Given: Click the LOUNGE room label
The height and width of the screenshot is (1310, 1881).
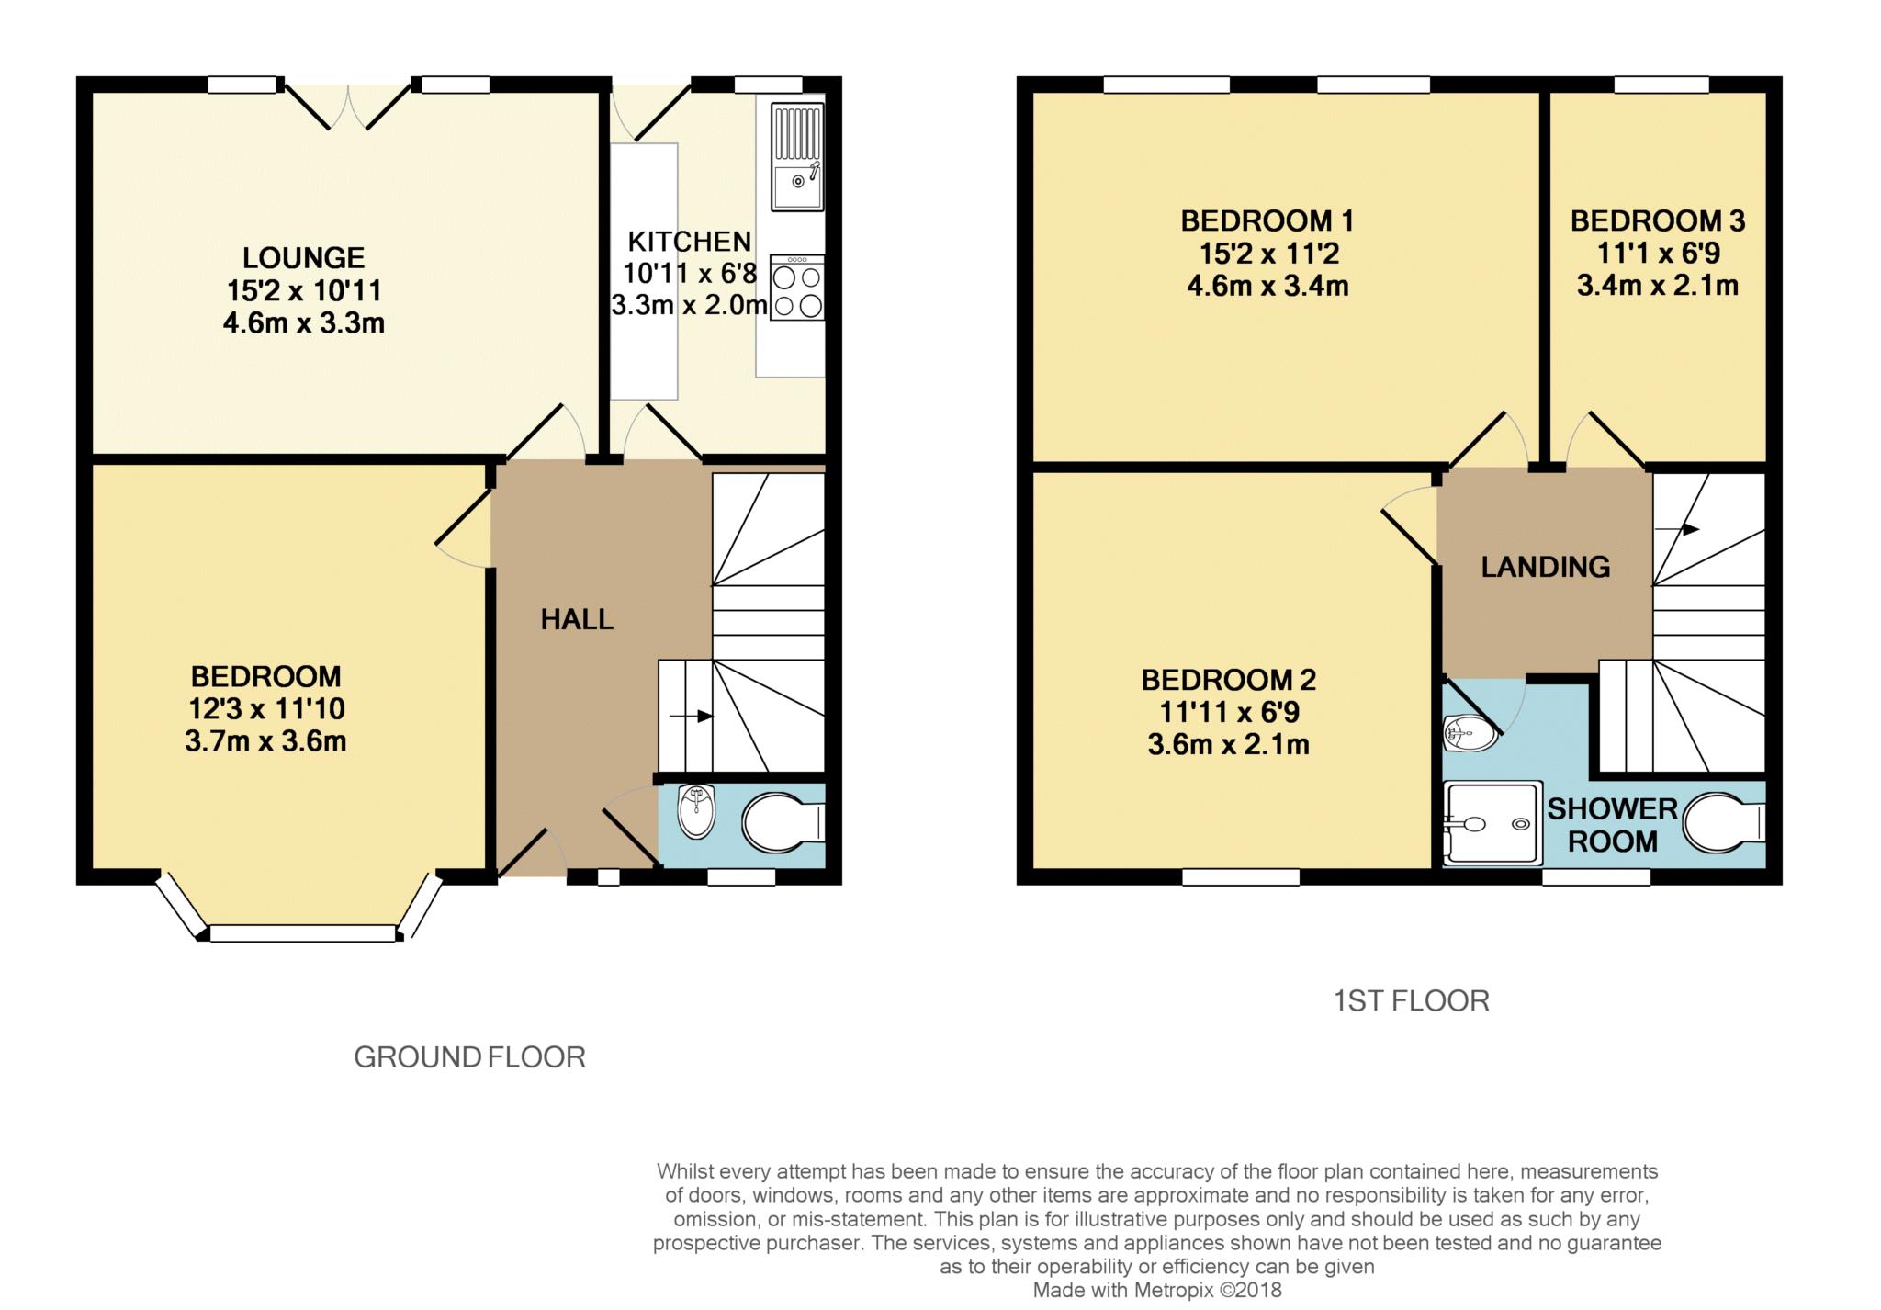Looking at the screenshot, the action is click(x=303, y=257).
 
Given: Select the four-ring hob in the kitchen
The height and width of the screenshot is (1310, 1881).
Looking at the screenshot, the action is click(x=797, y=288).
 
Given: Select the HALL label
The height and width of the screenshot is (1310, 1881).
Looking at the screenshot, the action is click(x=577, y=620).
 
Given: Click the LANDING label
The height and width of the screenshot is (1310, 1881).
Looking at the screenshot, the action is click(x=1546, y=567).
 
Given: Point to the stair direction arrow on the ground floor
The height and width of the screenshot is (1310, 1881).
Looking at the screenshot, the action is click(x=692, y=716).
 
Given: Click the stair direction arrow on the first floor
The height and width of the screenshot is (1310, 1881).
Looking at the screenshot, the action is click(x=1677, y=529).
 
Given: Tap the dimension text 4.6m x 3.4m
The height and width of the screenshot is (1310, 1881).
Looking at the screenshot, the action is click(x=1267, y=286).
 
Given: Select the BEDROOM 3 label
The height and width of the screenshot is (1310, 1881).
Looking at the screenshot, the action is click(x=1658, y=220).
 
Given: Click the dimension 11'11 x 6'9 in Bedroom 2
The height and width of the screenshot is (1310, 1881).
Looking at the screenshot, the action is click(x=1229, y=712).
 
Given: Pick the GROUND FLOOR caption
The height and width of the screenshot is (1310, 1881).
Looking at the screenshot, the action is click(x=469, y=1057).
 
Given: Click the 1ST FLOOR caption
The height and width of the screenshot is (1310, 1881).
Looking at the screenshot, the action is click(x=1411, y=1000).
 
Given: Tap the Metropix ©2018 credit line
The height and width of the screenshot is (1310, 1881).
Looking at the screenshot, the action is click(x=1157, y=1291).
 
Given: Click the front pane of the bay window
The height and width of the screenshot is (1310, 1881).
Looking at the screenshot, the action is click(x=303, y=933).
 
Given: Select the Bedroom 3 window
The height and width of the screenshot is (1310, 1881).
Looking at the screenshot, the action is click(x=1661, y=85).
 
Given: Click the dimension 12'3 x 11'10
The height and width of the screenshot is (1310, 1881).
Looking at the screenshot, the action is click(x=266, y=709).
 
